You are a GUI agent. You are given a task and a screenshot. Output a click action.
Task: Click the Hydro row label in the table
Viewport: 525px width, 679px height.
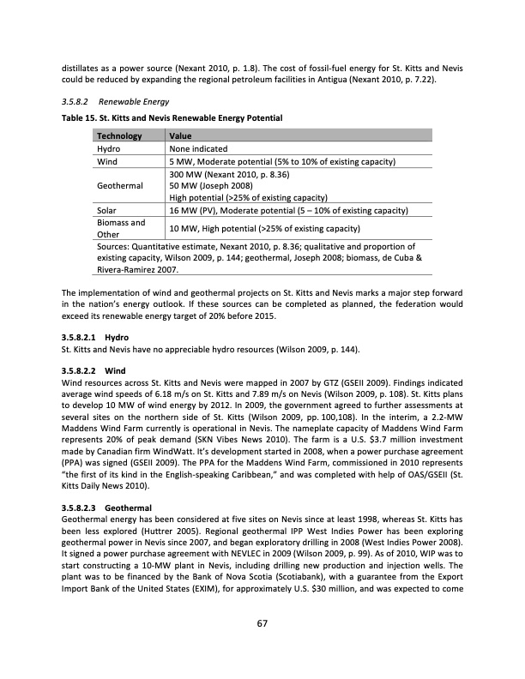tap(112, 148)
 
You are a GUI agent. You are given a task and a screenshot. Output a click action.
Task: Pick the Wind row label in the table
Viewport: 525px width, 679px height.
tap(109, 161)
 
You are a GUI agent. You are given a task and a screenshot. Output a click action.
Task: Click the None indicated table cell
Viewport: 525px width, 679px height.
tap(204, 148)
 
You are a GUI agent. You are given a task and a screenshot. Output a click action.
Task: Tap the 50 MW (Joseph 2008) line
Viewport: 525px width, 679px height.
tap(212, 185)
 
